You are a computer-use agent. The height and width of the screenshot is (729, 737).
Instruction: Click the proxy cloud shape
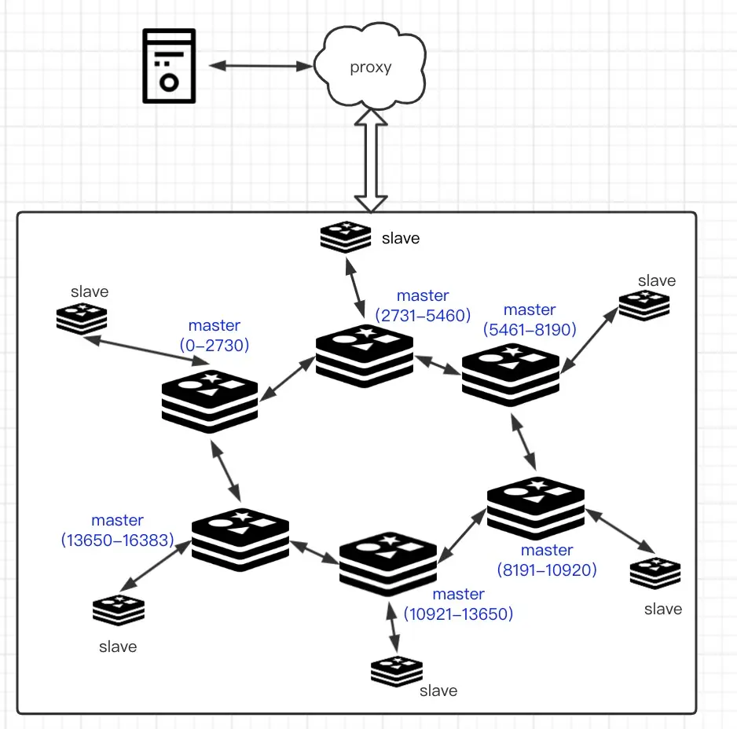tap(370, 67)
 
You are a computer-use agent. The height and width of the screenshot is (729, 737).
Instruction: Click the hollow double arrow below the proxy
tap(371, 162)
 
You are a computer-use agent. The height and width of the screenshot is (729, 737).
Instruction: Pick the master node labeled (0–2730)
tap(210, 401)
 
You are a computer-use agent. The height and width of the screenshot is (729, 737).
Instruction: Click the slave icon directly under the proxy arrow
tap(346, 236)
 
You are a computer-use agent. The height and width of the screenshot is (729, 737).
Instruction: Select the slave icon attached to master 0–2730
tap(81, 319)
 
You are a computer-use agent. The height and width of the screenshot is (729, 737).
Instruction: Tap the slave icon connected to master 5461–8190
tap(644, 305)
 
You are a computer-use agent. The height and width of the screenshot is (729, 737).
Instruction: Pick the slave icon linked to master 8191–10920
tap(654, 573)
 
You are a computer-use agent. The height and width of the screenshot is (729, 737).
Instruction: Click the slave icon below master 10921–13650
tap(397, 671)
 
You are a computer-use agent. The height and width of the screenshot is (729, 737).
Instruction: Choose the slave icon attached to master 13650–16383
tap(119, 611)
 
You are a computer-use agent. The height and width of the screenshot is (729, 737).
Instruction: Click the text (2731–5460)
tap(423, 316)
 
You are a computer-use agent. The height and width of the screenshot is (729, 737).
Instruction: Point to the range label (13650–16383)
tap(118, 540)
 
